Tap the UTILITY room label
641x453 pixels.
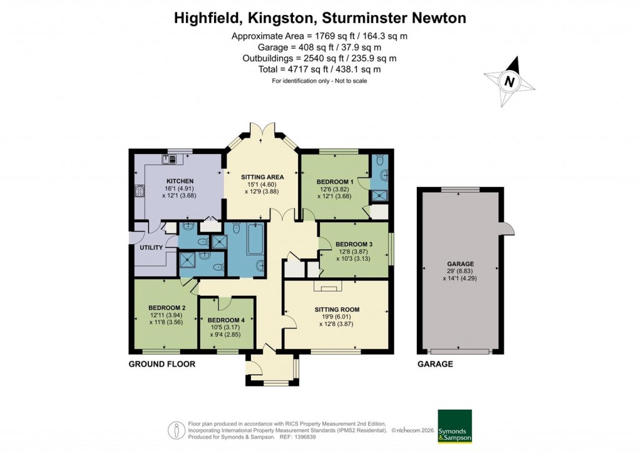point(150,248)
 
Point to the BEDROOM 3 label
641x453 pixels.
point(354,244)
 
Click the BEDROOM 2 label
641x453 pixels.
point(167,307)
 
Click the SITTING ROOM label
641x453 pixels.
point(337,309)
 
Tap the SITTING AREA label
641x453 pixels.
point(262,177)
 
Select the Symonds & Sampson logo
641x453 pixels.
point(454,426)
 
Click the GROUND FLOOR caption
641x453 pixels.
point(162,364)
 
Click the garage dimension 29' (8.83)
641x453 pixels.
point(460,272)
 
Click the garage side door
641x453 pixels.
point(508,229)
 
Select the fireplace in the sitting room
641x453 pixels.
point(324,287)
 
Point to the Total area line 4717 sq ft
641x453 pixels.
point(319,69)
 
